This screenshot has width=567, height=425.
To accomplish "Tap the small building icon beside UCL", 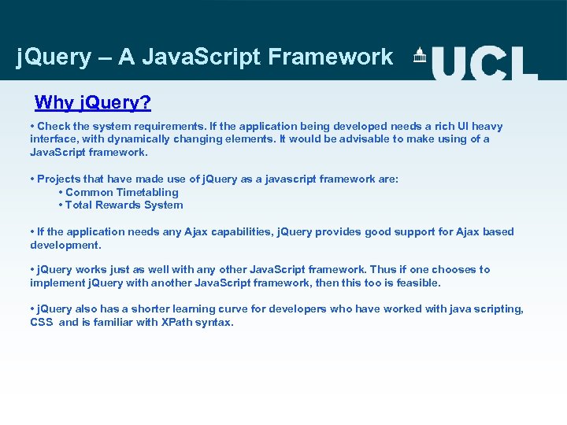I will click(420, 56).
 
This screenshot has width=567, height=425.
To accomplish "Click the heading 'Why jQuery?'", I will click(93, 102).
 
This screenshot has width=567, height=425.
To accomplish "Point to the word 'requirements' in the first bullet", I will click(175, 126).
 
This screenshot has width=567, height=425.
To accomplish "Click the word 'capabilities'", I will click(240, 231).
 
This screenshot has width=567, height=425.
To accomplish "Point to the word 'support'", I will click(383, 231).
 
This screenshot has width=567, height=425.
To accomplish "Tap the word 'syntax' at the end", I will click(217, 322).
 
